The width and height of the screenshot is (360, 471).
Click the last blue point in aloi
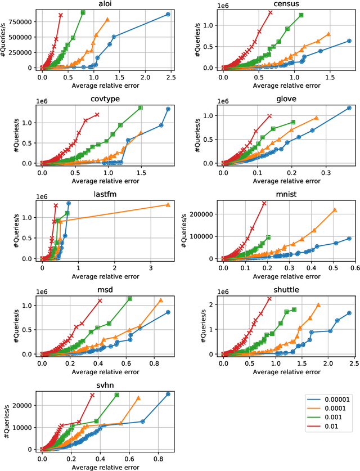[168, 14]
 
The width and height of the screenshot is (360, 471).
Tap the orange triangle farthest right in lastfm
[168, 205]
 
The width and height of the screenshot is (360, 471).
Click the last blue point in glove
[349, 108]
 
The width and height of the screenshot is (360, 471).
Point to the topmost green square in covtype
[141, 107]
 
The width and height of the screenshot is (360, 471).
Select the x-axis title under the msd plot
[105, 370]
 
